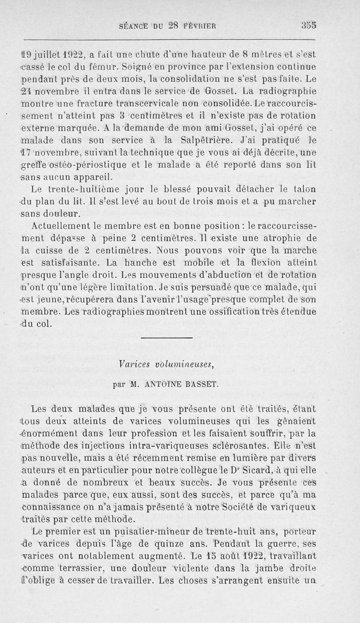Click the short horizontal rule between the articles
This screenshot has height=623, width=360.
[173, 338]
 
